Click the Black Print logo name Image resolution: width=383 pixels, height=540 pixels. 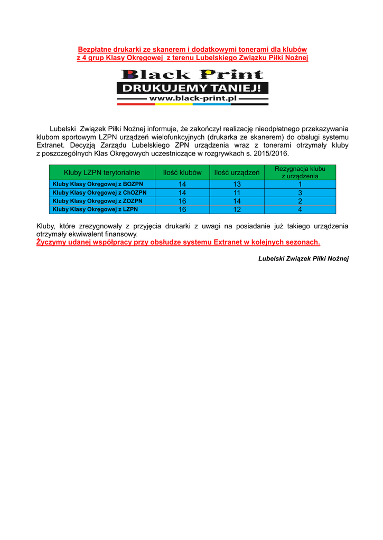[x=192, y=75]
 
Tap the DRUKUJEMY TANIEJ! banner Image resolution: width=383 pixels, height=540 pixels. [x=192, y=87]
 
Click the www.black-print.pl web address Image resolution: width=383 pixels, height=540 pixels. [x=192, y=98]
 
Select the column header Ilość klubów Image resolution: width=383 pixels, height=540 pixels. [x=182, y=172]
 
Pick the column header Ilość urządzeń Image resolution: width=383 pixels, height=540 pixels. [x=237, y=172]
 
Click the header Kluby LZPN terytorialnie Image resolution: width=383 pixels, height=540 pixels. [x=102, y=172]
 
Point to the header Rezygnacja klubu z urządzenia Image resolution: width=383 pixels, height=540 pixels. [x=300, y=172]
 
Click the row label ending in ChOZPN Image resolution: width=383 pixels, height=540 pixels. [x=100, y=192]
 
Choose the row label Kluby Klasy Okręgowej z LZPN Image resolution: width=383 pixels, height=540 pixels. [x=95, y=209]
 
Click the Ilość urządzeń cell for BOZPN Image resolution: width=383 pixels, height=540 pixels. [x=237, y=184]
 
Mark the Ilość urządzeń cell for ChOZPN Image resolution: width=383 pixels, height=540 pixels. [x=237, y=192]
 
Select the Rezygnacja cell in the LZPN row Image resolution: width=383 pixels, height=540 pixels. [x=300, y=209]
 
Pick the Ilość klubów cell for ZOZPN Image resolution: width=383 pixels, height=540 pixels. [x=182, y=201]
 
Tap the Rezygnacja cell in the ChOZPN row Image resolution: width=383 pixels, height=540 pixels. [x=300, y=192]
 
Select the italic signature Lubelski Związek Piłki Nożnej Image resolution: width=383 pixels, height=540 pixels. [x=303, y=258]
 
